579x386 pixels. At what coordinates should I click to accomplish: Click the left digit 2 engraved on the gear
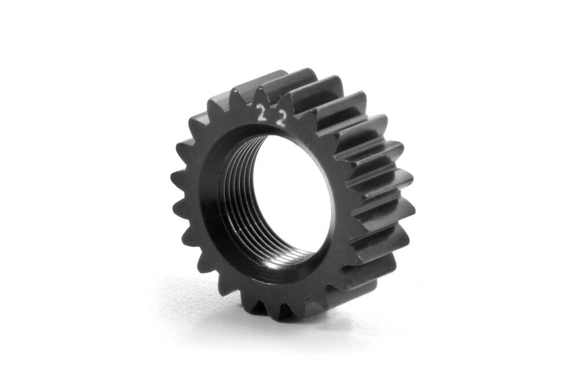262,113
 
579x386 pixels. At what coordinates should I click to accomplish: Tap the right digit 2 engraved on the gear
282,118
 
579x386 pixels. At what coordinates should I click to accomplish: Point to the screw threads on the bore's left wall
225,199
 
